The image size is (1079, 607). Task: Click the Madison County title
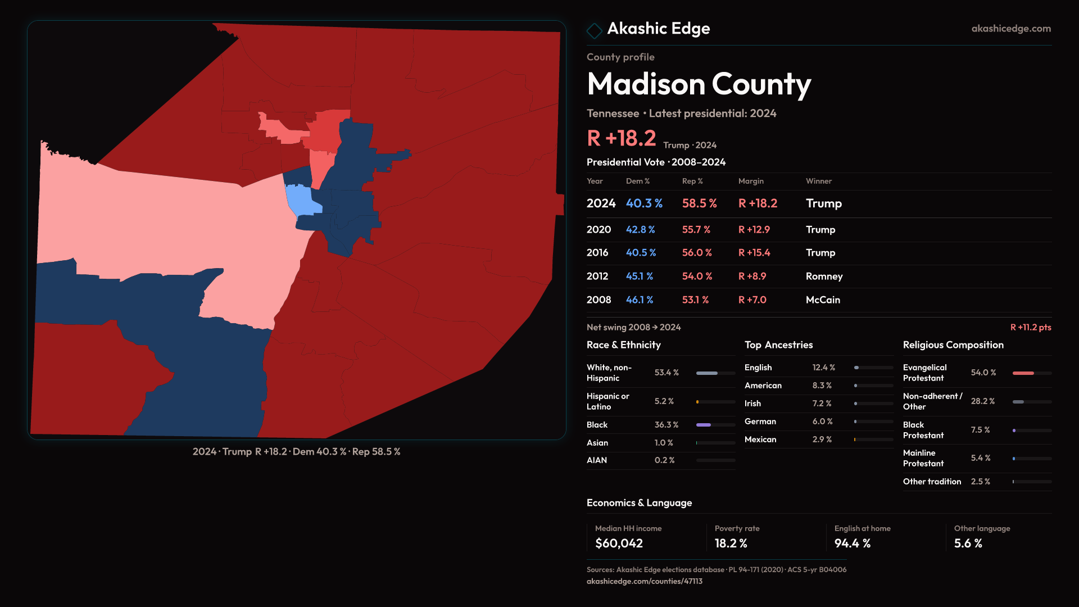(699, 84)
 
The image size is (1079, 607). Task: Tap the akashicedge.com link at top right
(1010, 29)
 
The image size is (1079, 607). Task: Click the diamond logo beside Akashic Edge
(594, 30)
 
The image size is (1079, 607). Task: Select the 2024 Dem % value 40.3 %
(644, 203)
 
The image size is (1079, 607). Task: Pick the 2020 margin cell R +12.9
(754, 230)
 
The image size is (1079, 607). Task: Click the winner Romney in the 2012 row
(824, 277)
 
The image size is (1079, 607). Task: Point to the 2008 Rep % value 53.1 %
(695, 300)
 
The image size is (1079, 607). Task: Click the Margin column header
(751, 181)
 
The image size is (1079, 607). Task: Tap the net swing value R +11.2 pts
(1030, 327)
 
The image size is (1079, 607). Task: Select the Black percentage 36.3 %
(667, 425)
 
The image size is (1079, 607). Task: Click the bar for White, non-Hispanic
(715, 373)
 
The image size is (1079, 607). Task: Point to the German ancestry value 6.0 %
(822, 422)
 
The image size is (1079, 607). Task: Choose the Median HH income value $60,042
(619, 543)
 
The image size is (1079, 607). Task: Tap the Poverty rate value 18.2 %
(731, 543)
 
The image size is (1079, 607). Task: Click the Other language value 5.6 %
(968, 543)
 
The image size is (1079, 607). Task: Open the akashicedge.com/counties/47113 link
(644, 581)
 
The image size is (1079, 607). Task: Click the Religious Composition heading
(953, 345)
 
